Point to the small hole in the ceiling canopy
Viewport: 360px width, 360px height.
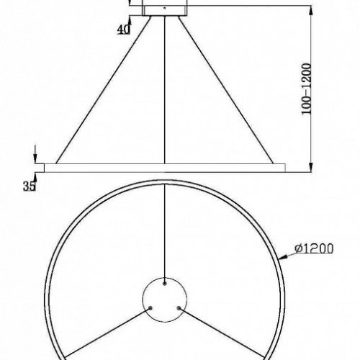click(166, 9)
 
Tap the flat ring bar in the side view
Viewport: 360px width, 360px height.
click(166, 168)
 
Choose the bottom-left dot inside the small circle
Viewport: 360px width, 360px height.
click(150, 306)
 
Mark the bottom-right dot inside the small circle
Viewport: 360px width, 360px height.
click(181, 306)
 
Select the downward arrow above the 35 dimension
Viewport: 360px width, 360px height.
click(34, 158)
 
